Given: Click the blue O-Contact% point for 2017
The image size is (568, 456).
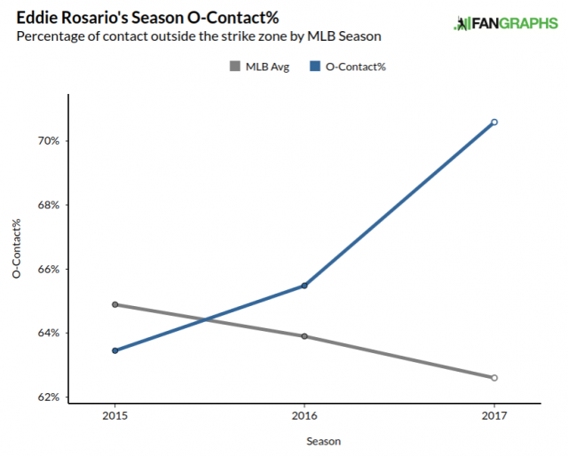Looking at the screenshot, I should pyautogui.click(x=494, y=122).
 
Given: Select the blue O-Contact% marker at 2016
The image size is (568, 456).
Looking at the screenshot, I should pyautogui.click(x=304, y=286).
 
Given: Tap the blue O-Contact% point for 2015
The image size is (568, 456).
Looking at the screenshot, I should pyautogui.click(x=115, y=350).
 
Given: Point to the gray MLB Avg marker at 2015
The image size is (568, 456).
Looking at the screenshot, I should pyautogui.click(x=115, y=304).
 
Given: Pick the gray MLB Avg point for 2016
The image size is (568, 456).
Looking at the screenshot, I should pyautogui.click(x=304, y=336).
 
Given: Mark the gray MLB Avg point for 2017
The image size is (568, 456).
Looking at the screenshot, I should pyautogui.click(x=494, y=378).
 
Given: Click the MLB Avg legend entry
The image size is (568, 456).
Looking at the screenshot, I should pyautogui.click(x=257, y=66).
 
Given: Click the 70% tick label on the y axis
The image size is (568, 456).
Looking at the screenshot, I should pyautogui.click(x=48, y=141).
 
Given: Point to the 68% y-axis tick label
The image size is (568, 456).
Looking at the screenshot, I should pyautogui.click(x=48, y=205).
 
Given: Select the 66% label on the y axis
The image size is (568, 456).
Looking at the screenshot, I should pyautogui.click(x=48, y=269).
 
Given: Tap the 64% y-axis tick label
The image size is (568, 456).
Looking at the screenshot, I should pyautogui.click(x=48, y=334).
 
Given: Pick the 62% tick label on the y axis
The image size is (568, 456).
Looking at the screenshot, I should pyautogui.click(x=48, y=397).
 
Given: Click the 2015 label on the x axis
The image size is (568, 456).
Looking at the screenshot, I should pyautogui.click(x=115, y=415).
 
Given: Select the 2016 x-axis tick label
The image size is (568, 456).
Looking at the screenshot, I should pyautogui.click(x=304, y=415).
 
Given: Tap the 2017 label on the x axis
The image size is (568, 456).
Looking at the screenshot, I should pyautogui.click(x=494, y=415).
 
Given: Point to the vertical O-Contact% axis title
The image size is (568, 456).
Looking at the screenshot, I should pyautogui.click(x=17, y=249).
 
